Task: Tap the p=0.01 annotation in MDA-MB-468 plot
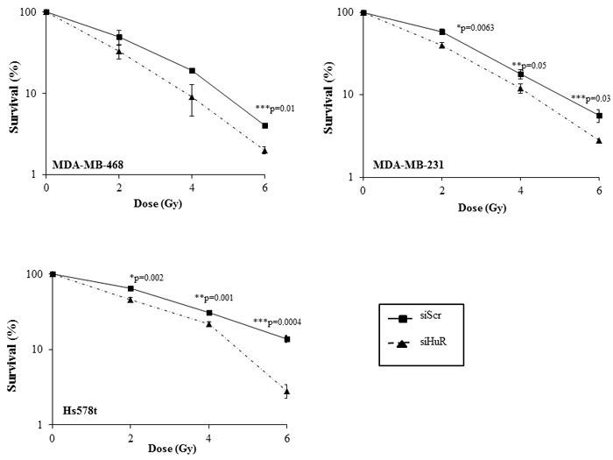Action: pos(274,108)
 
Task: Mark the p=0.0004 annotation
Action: pos(282,322)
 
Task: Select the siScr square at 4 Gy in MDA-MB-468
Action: pos(192,71)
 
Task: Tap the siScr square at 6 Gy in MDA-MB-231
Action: pos(599,116)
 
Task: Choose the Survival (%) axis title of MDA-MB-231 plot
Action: pos(329,94)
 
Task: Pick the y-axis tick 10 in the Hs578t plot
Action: pos(39,350)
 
